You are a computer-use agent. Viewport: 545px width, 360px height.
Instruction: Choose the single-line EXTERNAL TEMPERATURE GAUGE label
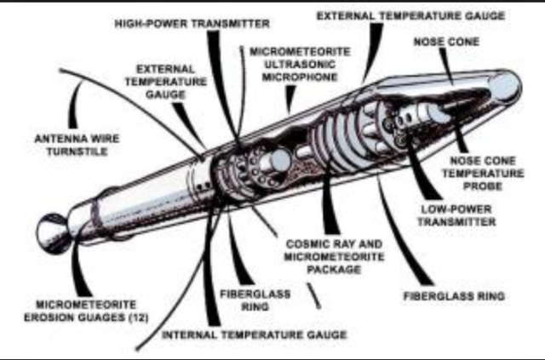[410, 15]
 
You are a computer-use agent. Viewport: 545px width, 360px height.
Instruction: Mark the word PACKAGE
[324, 269]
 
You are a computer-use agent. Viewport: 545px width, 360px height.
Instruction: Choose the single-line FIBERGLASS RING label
[453, 296]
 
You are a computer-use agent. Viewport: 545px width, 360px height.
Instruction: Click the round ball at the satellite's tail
[54, 233]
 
